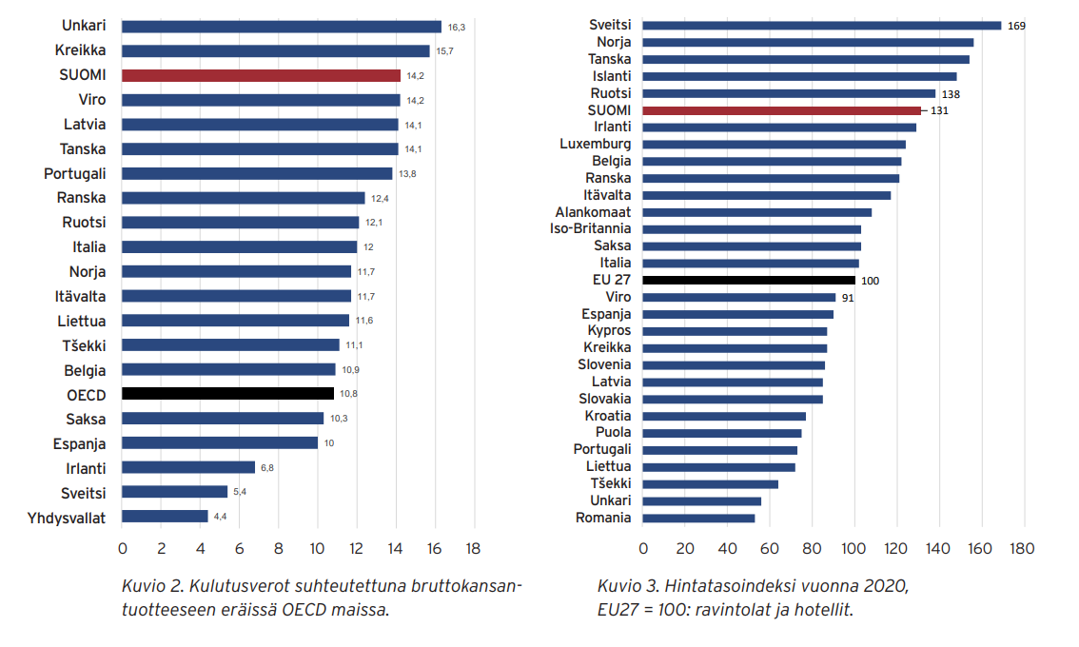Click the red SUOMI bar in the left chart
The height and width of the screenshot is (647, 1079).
click(x=261, y=75)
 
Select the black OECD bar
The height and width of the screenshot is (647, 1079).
click(x=227, y=393)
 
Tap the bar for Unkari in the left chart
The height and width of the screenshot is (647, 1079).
click(x=282, y=27)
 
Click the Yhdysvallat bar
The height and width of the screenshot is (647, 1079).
click(x=165, y=516)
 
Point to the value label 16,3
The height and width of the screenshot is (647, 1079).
click(x=457, y=28)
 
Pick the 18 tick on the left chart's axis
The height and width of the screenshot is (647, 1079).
click(x=472, y=549)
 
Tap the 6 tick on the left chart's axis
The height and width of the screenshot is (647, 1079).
click(x=239, y=549)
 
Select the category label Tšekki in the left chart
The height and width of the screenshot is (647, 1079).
click(x=86, y=344)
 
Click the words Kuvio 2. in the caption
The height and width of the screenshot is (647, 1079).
click(x=150, y=584)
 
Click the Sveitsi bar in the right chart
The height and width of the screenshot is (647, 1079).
click(x=821, y=26)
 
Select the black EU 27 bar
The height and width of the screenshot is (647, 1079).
click(x=749, y=280)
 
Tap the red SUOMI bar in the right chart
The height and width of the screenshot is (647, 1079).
click(x=781, y=110)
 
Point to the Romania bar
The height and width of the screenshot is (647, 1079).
click(x=698, y=518)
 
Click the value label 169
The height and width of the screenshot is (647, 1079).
click(x=1015, y=26)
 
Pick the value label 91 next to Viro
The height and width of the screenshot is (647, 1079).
click(x=848, y=297)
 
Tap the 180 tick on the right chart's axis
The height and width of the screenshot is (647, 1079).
click(x=1022, y=549)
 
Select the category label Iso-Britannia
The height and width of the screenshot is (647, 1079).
click(x=590, y=228)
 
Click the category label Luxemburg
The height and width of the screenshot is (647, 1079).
click(x=595, y=144)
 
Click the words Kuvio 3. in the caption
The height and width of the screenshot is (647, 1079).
click(x=626, y=584)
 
